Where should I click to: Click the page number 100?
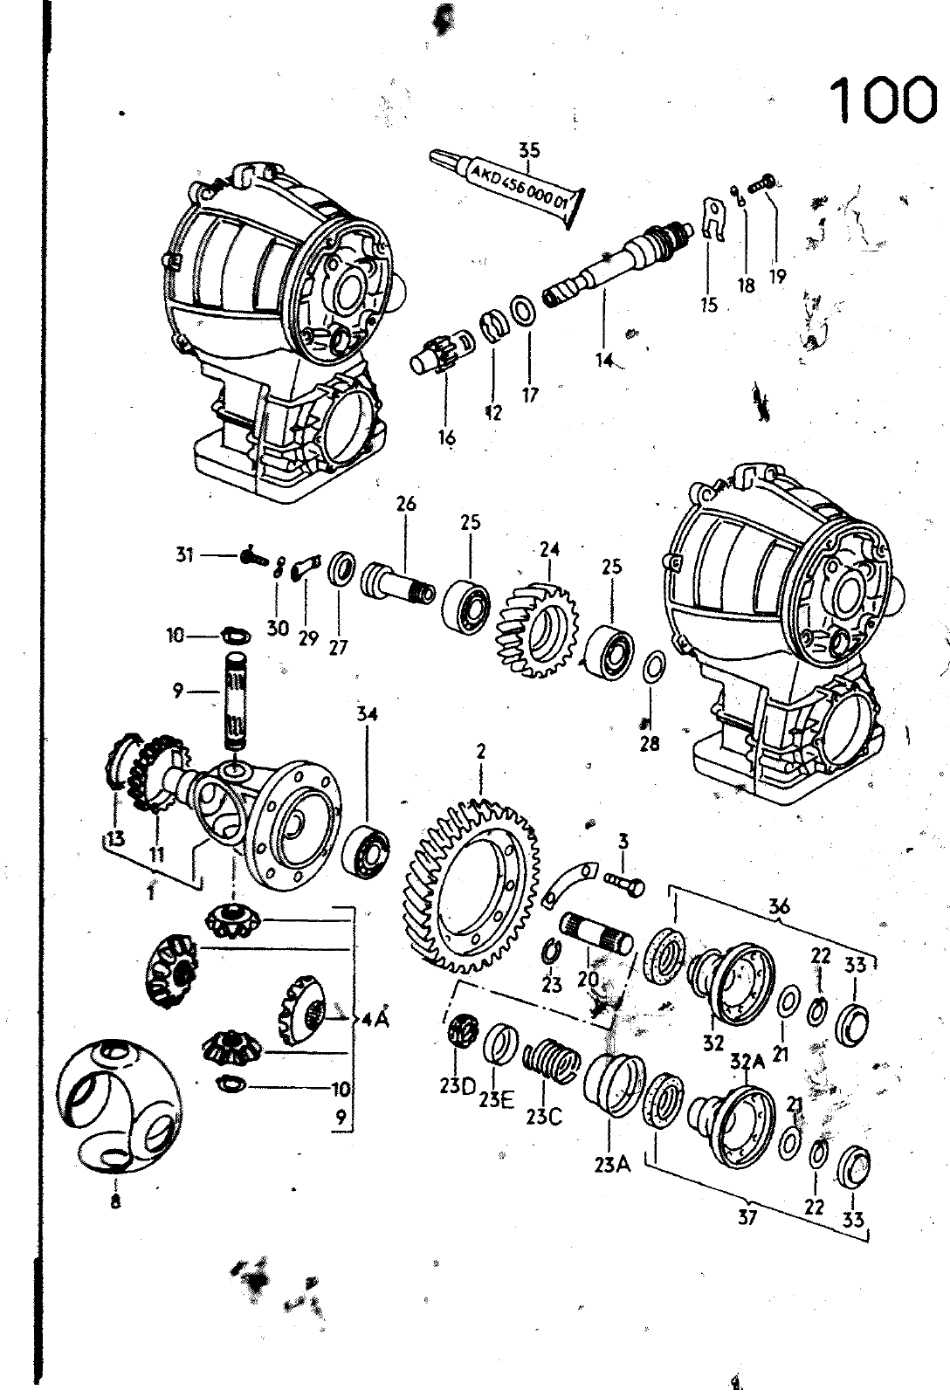pos(884,99)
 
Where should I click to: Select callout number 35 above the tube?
pos(529,151)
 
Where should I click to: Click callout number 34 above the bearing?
pos(367,714)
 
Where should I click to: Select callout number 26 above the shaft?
pos(406,503)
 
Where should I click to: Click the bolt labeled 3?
pos(624,883)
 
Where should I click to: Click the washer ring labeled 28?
pos(653,667)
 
